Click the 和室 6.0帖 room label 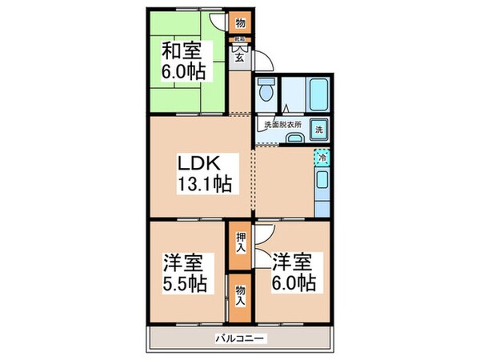(x=186, y=61)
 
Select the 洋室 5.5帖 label (x=186, y=272)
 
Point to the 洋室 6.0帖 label (x=293, y=272)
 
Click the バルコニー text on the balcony (x=240, y=338)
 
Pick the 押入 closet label (x=239, y=246)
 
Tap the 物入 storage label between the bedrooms (x=239, y=297)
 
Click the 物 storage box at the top (x=239, y=23)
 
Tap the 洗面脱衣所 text (x=279, y=125)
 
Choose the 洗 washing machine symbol (x=318, y=129)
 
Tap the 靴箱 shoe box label (x=238, y=39)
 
